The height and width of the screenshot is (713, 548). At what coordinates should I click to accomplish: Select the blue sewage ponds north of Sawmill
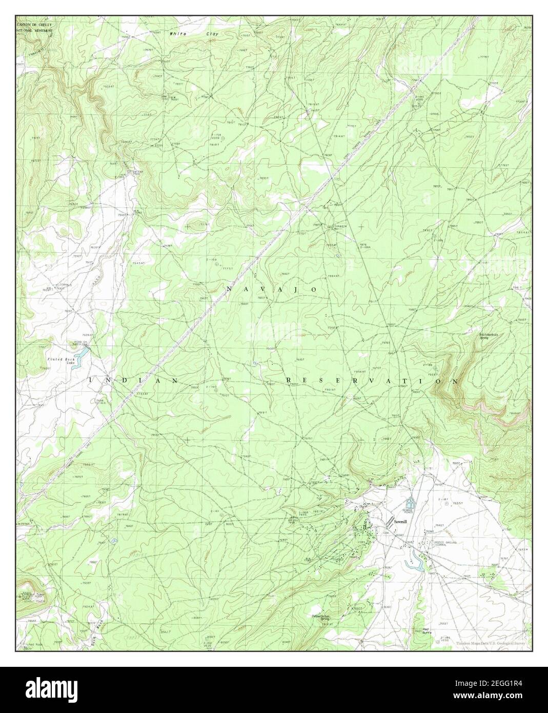[x=410, y=504]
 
